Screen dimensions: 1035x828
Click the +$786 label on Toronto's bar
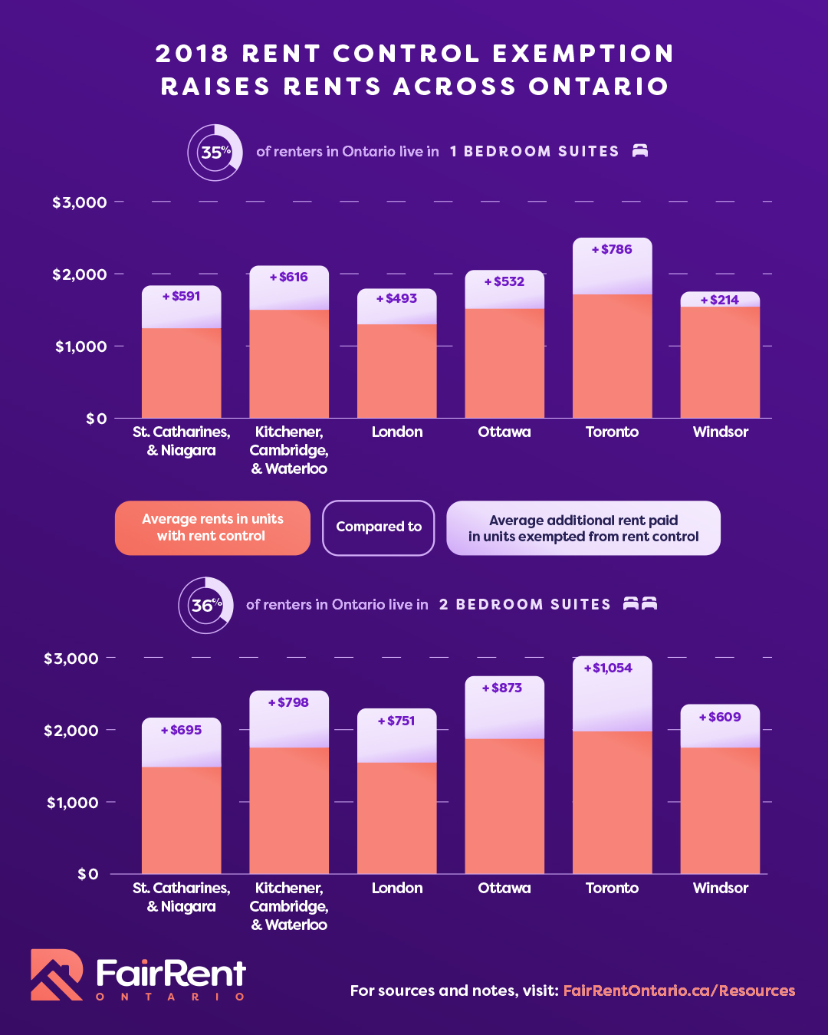point(612,249)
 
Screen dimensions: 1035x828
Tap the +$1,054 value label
point(608,668)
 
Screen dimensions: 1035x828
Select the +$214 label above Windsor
point(720,300)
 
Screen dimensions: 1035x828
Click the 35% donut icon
point(215,153)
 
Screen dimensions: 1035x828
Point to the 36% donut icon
point(205,605)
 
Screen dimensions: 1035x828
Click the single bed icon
point(640,150)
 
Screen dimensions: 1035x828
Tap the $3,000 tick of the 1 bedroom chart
point(79,202)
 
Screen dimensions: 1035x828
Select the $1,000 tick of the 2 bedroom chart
point(72,803)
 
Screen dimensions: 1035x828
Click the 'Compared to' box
point(379,527)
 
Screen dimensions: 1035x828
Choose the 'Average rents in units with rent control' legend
point(212,527)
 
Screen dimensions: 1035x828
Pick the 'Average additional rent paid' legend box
point(583,528)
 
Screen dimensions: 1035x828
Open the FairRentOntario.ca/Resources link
point(678,991)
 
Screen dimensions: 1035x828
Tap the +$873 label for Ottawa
point(502,688)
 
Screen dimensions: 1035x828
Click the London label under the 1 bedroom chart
point(397,432)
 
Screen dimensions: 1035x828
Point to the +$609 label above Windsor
point(720,717)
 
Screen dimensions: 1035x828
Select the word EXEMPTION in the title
point(583,54)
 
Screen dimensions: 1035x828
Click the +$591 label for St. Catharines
point(181,296)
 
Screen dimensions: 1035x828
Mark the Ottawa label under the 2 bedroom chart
point(504,888)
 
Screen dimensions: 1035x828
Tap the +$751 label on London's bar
point(396,721)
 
